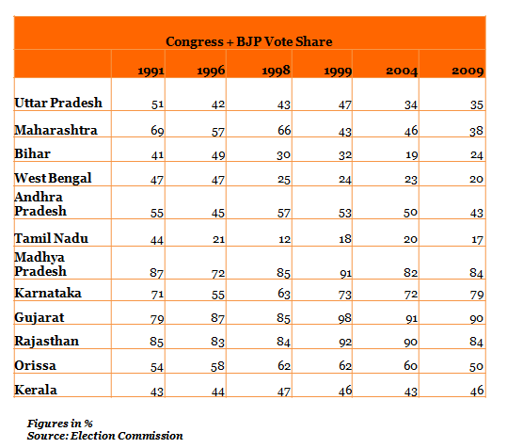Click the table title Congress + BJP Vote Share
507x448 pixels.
(x=249, y=41)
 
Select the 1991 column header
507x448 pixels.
(x=151, y=71)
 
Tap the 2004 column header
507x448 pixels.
(x=402, y=71)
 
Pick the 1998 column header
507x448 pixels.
(x=276, y=71)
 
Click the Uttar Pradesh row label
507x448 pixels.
(x=58, y=103)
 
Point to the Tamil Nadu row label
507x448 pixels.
(x=51, y=238)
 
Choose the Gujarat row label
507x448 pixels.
(x=40, y=317)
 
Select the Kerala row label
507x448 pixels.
(x=36, y=390)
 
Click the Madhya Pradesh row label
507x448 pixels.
(x=40, y=264)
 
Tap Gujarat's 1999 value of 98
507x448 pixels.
(x=344, y=318)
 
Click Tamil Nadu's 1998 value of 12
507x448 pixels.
(x=284, y=239)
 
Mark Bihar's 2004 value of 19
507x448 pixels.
(x=412, y=155)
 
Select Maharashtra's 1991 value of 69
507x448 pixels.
(x=157, y=131)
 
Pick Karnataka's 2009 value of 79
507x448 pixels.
(x=477, y=295)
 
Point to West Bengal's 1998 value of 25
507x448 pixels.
(x=284, y=180)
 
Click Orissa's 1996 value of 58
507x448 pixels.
(x=217, y=366)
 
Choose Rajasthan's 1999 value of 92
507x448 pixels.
(x=345, y=342)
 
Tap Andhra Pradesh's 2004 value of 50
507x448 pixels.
(x=411, y=213)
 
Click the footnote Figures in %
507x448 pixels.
(x=60, y=424)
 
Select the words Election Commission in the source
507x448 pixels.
(x=127, y=436)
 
